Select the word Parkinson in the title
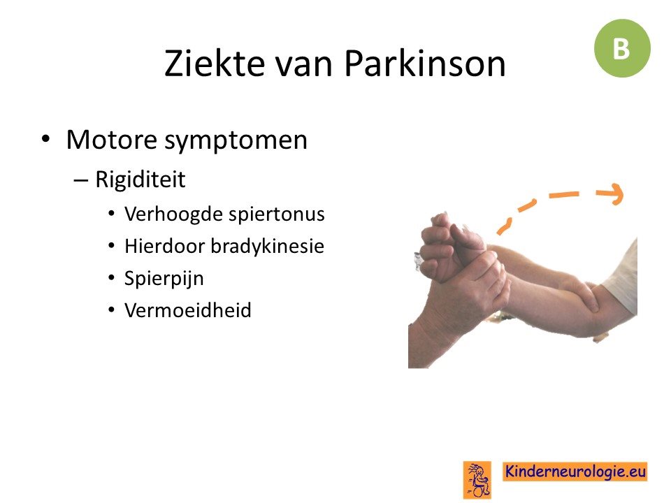click(425, 63)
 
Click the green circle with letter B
click(622, 48)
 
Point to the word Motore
click(112, 140)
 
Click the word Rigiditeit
click(140, 180)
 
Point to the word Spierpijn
click(164, 279)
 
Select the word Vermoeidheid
click(187, 310)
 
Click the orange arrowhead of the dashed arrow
click(614, 194)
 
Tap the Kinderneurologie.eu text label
click(575, 472)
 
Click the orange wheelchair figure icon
click(477, 479)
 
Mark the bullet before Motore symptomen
click(45, 140)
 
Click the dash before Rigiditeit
click(80, 180)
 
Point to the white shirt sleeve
click(623, 277)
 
